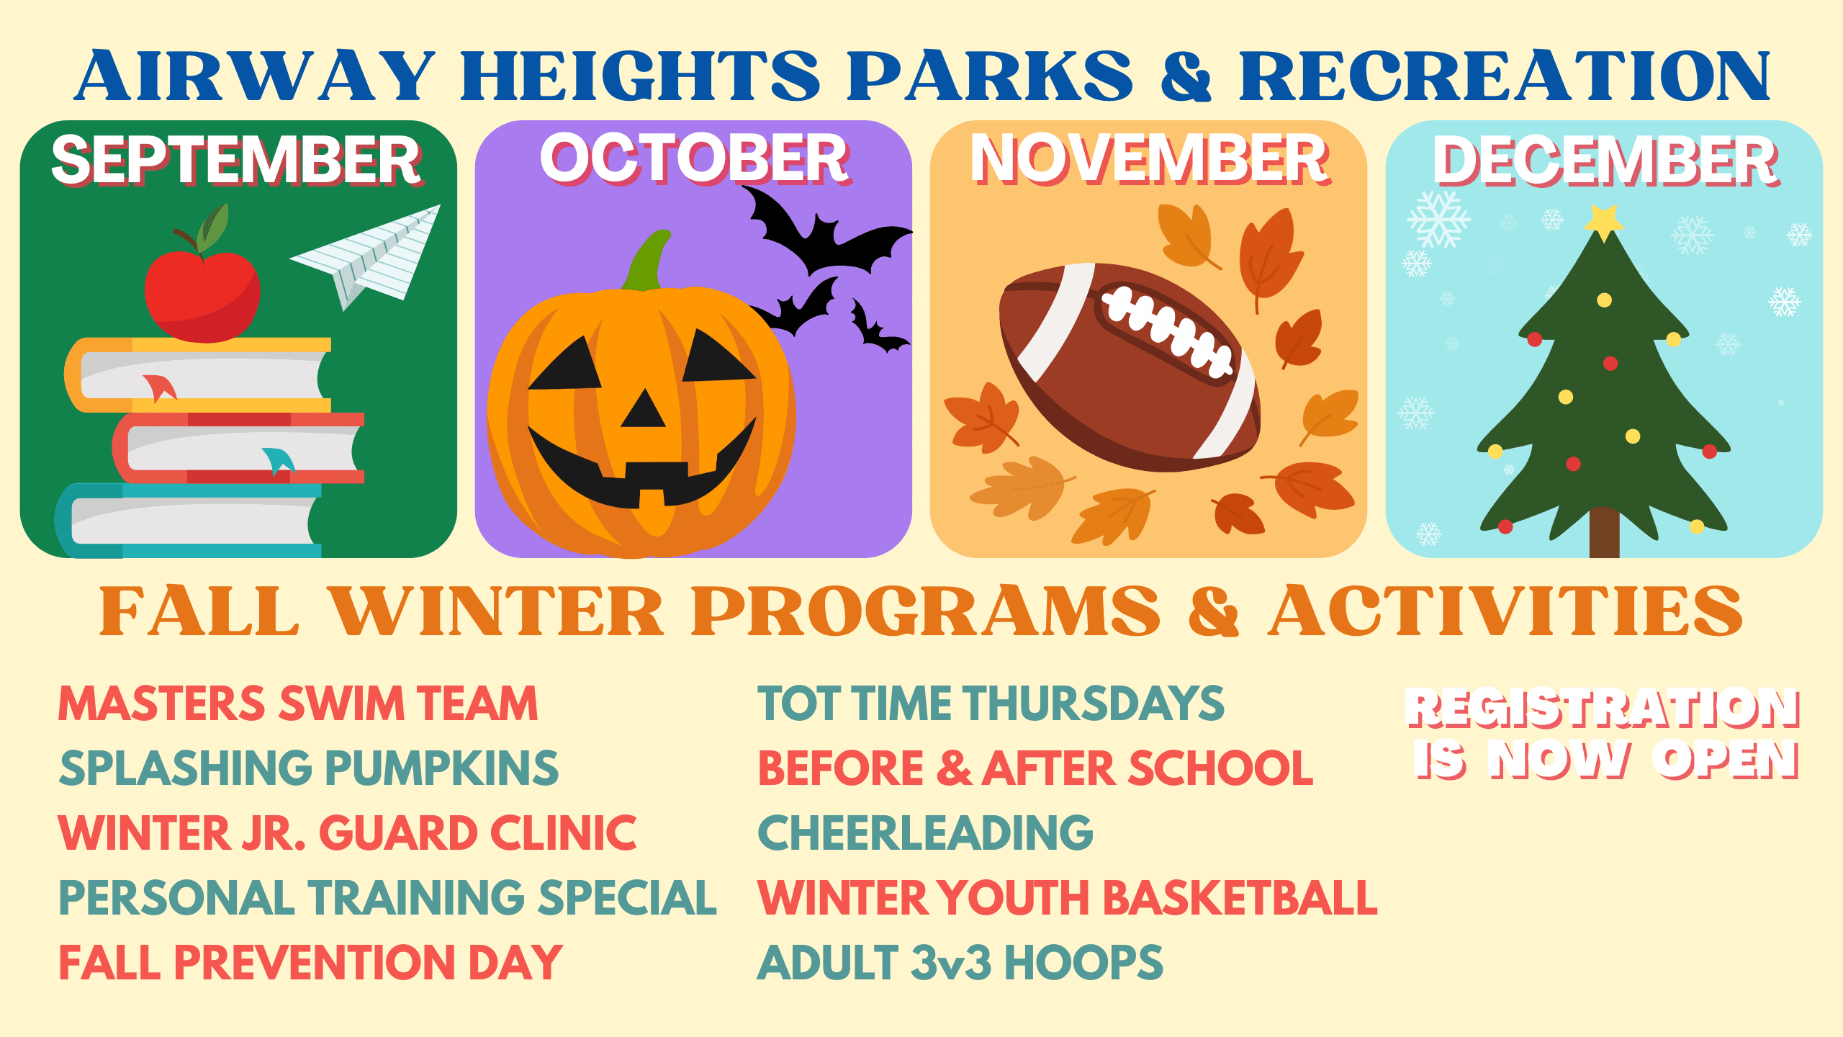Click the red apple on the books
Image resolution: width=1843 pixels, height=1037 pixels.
click(202, 292)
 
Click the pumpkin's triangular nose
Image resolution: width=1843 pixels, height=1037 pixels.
click(644, 408)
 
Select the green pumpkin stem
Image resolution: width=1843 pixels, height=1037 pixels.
click(647, 261)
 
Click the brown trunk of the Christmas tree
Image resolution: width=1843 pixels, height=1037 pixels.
click(1604, 532)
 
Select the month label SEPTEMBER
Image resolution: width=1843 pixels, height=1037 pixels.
click(237, 161)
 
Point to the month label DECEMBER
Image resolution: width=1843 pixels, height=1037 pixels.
click(1605, 161)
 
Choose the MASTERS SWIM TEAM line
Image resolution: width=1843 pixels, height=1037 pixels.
click(298, 704)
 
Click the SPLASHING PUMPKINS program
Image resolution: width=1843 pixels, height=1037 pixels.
click(309, 768)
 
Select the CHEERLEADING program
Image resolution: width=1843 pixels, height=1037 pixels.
click(926, 832)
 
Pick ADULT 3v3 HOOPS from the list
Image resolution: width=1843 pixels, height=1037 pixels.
click(960, 963)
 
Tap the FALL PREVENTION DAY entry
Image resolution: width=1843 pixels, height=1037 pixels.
click(311, 963)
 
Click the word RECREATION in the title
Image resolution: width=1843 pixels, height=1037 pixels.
click(1504, 76)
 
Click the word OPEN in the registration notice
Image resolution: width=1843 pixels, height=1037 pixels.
click(1725, 759)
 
